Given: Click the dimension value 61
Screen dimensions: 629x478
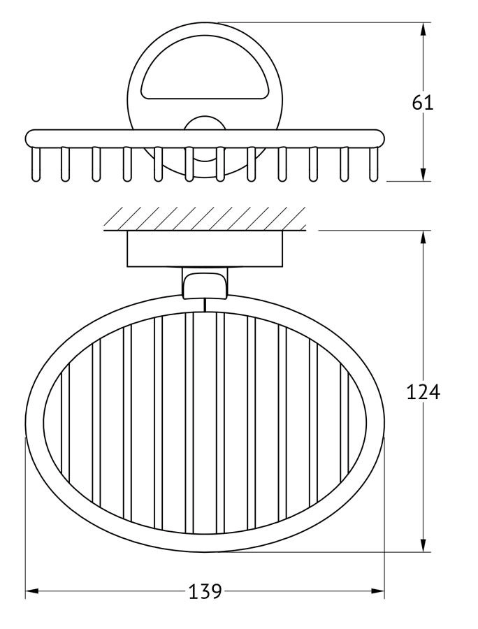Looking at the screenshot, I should (x=423, y=103).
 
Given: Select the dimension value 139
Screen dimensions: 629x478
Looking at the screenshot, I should (x=205, y=592).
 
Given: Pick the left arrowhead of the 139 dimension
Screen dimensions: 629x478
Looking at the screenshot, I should (x=31, y=593).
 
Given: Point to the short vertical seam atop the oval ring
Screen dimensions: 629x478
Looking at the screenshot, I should (x=205, y=304).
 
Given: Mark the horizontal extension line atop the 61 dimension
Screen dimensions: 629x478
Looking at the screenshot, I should (x=321, y=23).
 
